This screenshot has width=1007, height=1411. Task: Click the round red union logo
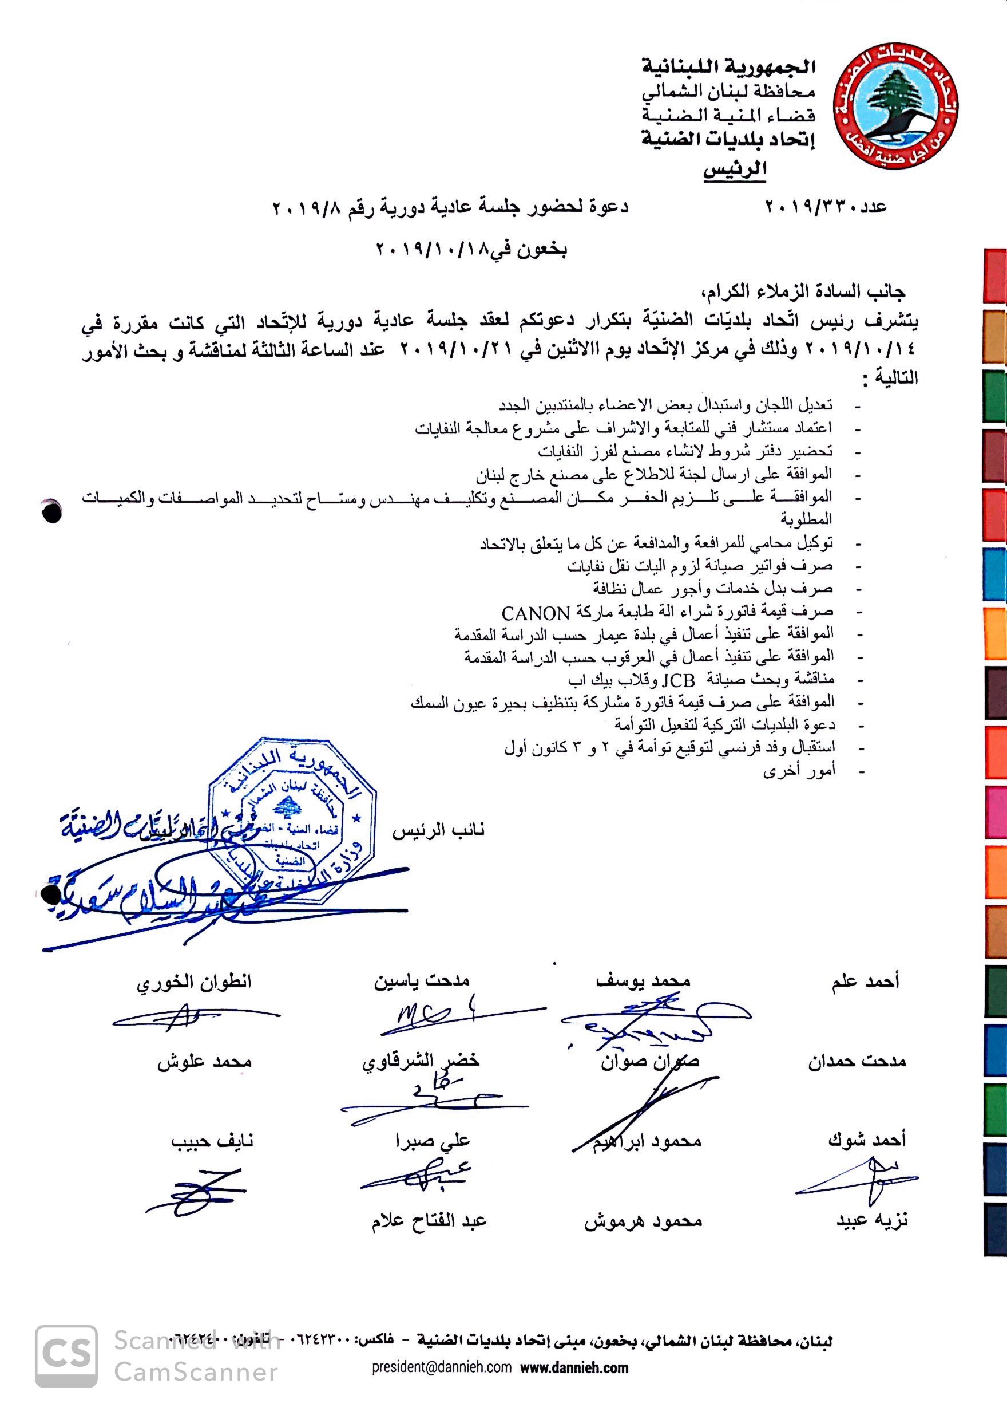[895, 106]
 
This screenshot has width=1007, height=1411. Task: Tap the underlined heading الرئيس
[735, 169]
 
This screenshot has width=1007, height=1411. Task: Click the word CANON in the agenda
[535, 613]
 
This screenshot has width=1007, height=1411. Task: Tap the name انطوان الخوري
[194, 982]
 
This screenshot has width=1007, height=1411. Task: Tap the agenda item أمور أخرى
[799, 771]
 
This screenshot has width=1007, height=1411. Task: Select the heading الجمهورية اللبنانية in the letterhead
[728, 66]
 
